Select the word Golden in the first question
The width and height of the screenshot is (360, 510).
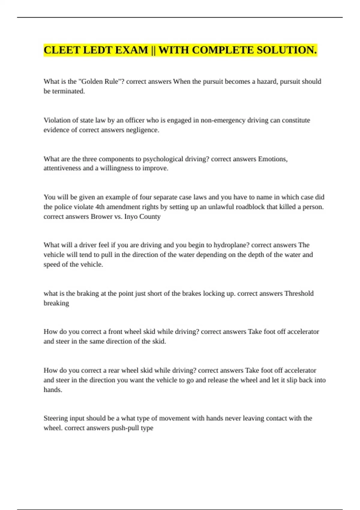click(x=91, y=82)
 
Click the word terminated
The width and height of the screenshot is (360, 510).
click(x=68, y=91)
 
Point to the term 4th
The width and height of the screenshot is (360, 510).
click(x=100, y=207)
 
